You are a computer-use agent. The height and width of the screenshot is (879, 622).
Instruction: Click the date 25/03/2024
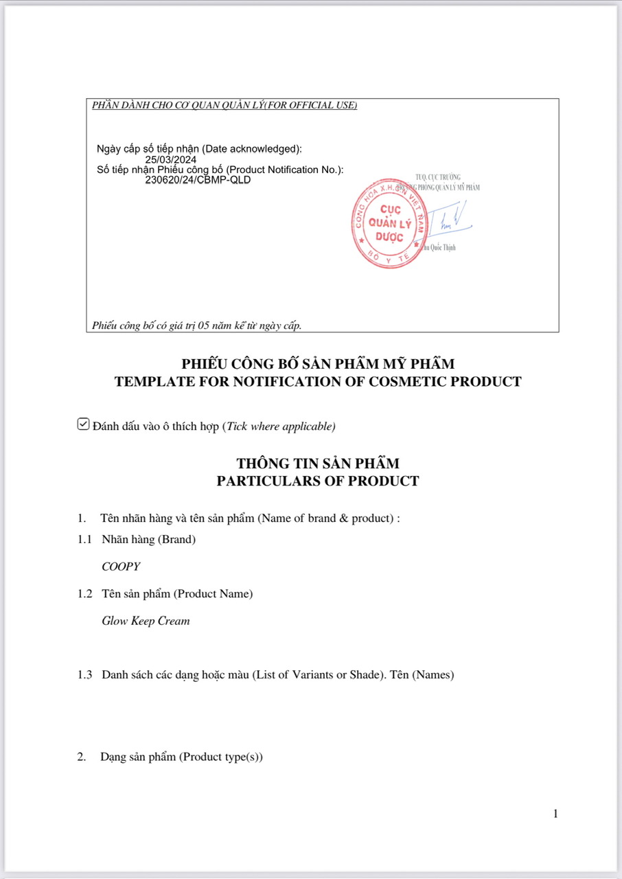[170, 160]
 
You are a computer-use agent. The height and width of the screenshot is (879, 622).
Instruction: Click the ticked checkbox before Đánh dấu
[83, 425]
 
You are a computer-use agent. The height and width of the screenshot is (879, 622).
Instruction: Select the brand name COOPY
[121, 567]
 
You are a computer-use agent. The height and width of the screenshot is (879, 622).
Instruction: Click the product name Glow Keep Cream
[146, 621]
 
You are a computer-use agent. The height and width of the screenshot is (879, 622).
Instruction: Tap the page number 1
[555, 814]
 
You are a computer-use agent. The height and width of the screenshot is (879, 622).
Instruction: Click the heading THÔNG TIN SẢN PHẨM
[317, 464]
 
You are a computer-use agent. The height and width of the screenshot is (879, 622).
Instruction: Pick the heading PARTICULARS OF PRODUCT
[317, 481]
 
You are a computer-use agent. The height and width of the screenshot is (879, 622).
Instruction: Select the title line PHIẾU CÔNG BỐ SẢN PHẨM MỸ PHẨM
[317, 364]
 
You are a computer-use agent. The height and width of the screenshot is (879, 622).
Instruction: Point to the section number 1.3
[84, 674]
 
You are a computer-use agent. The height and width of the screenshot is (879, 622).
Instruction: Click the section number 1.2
[84, 593]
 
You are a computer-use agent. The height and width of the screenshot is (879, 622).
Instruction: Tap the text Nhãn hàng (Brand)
[148, 539]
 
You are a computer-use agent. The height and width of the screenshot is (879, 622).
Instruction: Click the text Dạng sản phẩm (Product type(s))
[181, 757]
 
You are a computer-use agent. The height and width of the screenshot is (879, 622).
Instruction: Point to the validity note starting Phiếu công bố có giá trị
[196, 326]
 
